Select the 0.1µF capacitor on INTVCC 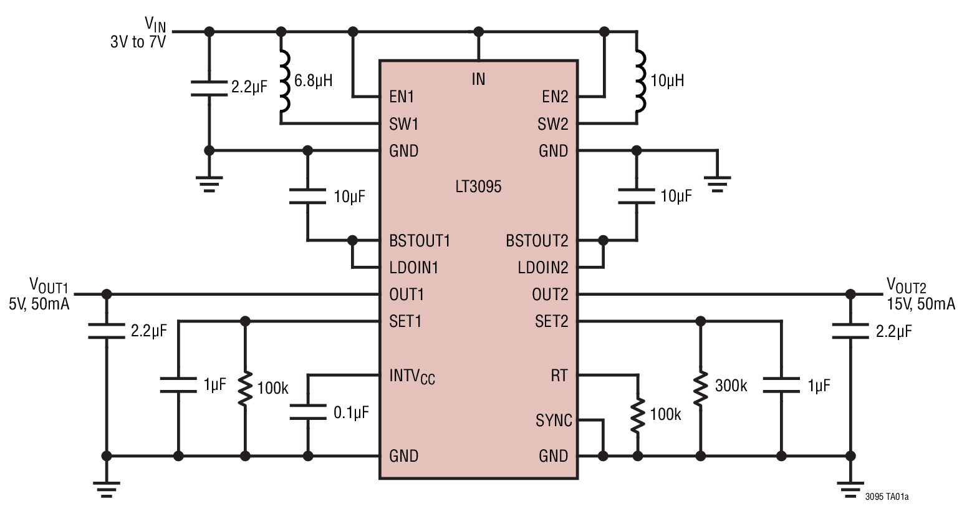[307, 412]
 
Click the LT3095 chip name [478, 187]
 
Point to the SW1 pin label [404, 124]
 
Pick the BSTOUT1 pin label [420, 241]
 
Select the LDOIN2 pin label [543, 268]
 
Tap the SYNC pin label [554, 421]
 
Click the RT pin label [559, 376]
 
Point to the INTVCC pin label [412, 377]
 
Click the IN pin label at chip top [478, 79]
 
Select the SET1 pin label [405, 321]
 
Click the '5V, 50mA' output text [39, 304]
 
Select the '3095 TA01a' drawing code [887, 497]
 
